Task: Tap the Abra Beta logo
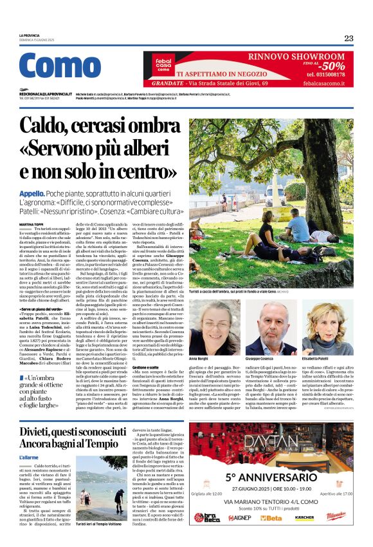click(206, 517)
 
